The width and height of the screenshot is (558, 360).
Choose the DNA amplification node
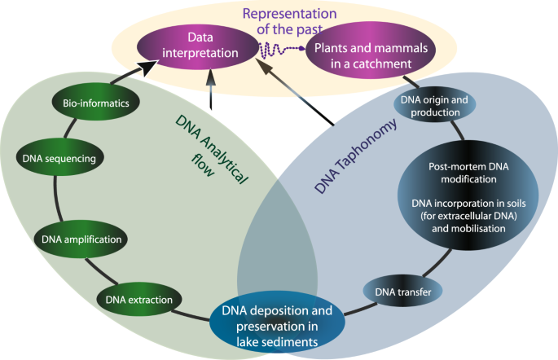[81, 239]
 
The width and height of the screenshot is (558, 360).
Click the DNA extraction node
[138, 299]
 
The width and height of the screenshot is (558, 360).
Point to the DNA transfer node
[397, 290]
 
